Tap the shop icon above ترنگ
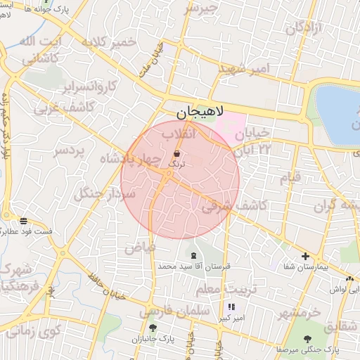click(176, 153)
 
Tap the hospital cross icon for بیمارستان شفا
click(305, 257)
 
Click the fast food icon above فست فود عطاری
click(24, 221)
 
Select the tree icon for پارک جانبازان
click(152, 328)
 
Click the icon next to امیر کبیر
click(231, 307)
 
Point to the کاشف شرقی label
click(233, 205)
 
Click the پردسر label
click(70, 150)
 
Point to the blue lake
click(337, 112)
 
